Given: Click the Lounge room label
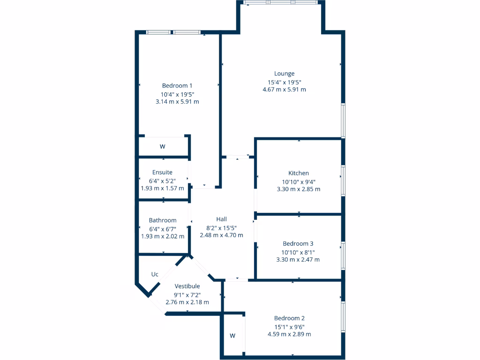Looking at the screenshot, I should (x=285, y=74).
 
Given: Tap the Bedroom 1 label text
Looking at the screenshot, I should (x=177, y=86).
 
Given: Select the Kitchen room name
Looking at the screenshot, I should (x=299, y=173).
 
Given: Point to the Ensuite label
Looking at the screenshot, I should (x=162, y=172).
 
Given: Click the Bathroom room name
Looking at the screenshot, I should (x=163, y=220).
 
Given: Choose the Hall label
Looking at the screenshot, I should (x=221, y=219).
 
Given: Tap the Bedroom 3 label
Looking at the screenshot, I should (x=298, y=244).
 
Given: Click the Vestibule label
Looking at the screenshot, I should (x=187, y=286).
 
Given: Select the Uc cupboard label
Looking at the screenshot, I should (x=155, y=274).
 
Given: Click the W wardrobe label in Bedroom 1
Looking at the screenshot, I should (x=163, y=147).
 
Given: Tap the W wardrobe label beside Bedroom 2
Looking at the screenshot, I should (x=232, y=336).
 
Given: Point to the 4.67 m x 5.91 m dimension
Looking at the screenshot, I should (x=285, y=90).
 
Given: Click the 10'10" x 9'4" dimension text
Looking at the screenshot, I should (x=299, y=182).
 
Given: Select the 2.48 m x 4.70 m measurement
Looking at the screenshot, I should (x=221, y=235).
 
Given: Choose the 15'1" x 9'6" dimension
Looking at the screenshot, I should (x=289, y=327).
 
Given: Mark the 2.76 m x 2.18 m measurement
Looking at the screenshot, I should (x=187, y=302).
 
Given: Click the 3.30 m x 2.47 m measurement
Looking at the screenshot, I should (x=298, y=260).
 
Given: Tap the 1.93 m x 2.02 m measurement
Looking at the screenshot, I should (x=163, y=236).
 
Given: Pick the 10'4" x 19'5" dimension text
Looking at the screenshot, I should (x=177, y=94).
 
